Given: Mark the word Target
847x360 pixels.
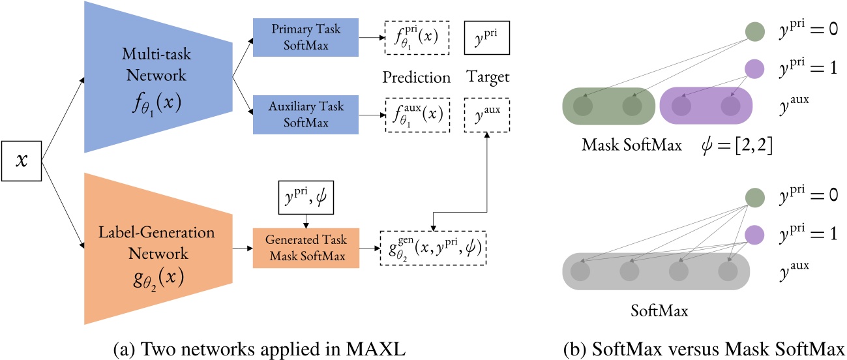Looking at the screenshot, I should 486,78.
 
